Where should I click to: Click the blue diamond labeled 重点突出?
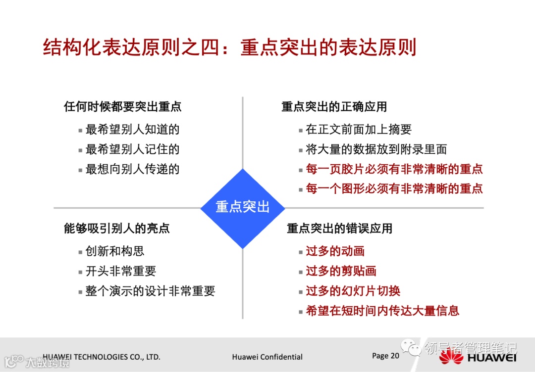(x=242, y=207)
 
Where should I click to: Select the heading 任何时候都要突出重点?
(x=122, y=106)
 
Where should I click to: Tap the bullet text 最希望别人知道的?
(x=132, y=130)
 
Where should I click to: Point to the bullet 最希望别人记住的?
(x=132, y=149)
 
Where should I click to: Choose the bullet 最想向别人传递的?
(x=132, y=169)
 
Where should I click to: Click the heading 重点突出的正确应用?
(x=334, y=106)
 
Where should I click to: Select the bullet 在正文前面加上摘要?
(x=359, y=130)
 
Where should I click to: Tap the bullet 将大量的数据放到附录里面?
(x=376, y=149)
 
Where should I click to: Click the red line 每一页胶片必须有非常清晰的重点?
(x=394, y=169)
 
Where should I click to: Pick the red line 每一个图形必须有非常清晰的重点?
(x=394, y=188)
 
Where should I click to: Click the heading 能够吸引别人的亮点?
(x=117, y=228)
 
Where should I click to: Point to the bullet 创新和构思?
(x=115, y=251)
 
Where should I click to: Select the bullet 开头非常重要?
(x=121, y=271)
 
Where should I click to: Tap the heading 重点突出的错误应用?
(x=340, y=228)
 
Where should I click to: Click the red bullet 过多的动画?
(x=335, y=251)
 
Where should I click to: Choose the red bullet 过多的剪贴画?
(x=341, y=271)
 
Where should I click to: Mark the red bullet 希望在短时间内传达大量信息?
(x=382, y=311)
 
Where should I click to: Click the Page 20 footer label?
(x=385, y=356)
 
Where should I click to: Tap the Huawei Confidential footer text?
(x=267, y=357)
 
